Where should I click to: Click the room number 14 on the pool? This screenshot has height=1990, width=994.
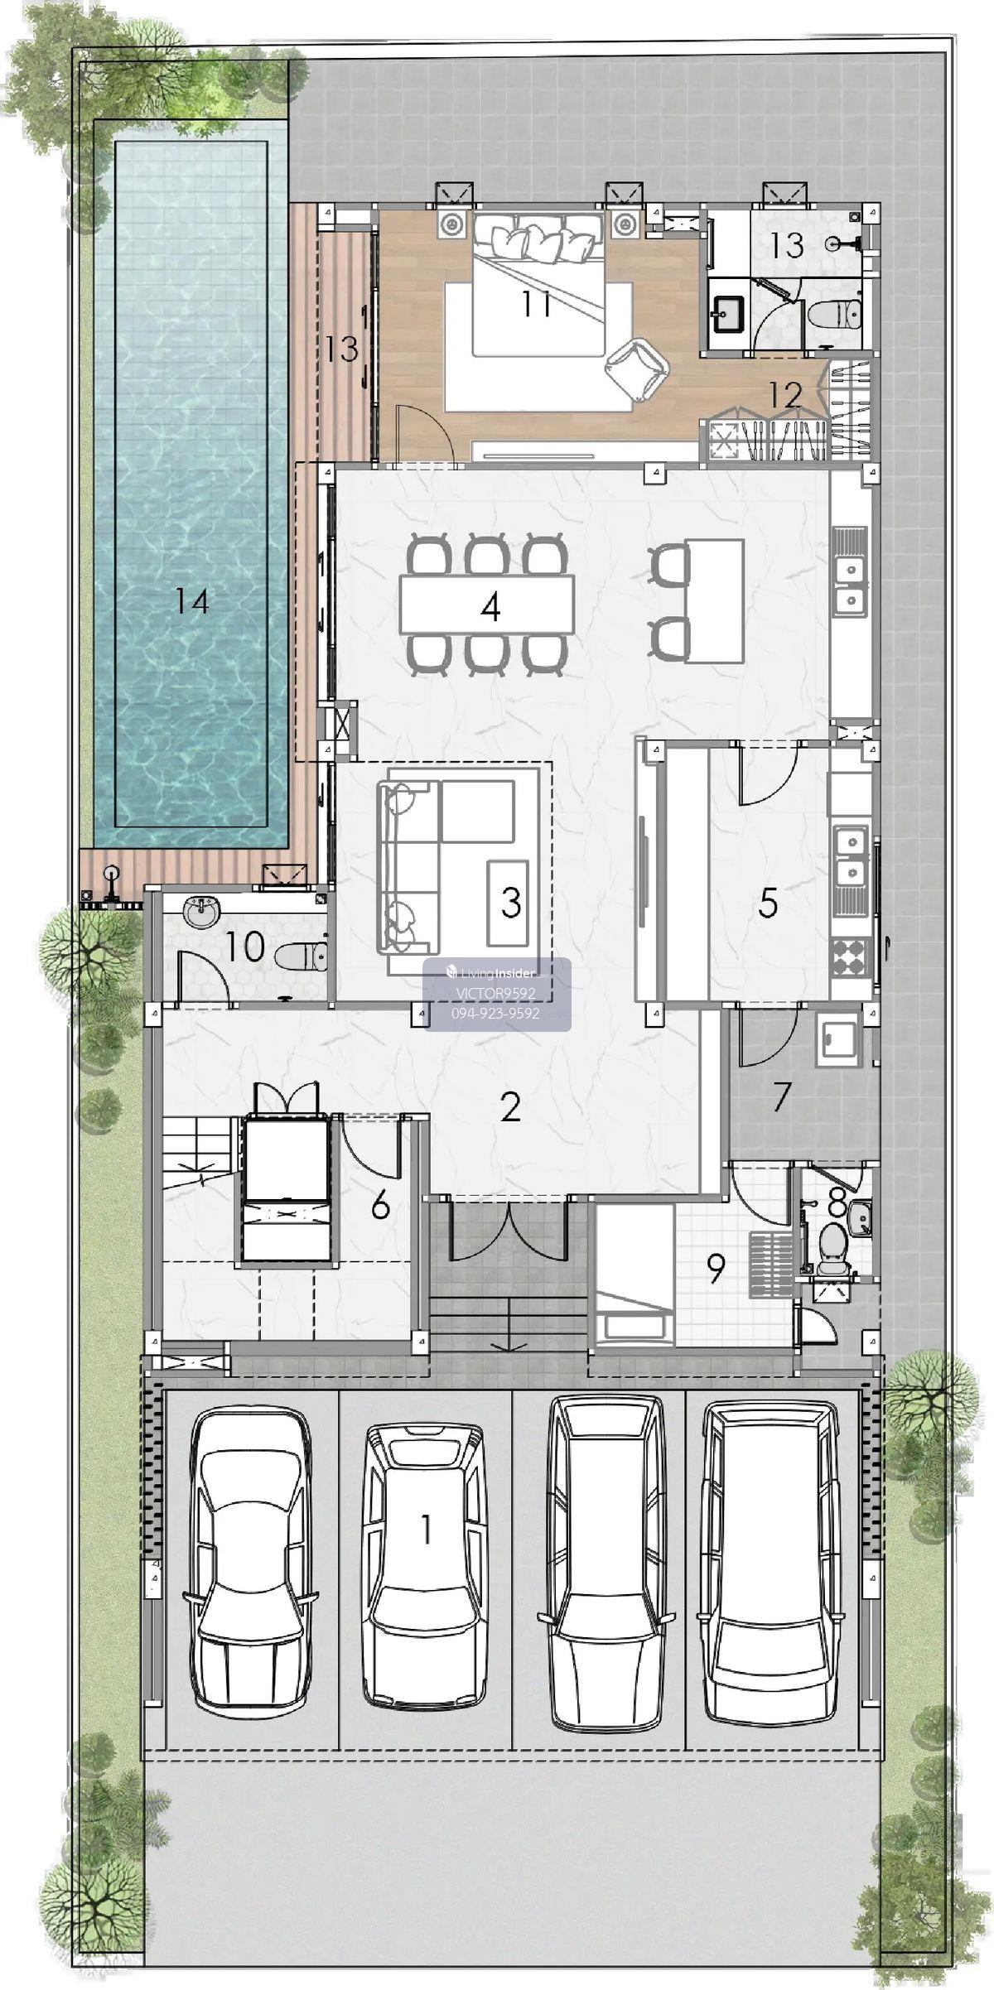[x=191, y=602]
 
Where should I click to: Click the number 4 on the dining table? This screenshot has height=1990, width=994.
[x=490, y=609]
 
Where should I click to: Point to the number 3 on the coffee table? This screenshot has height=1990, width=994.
[x=511, y=903]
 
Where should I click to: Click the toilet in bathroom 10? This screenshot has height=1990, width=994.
[x=301, y=956]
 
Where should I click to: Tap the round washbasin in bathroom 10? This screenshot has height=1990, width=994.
[x=200, y=912]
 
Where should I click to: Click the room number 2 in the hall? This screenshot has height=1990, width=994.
[x=510, y=1106]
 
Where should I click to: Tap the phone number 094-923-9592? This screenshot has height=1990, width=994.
[x=497, y=1012]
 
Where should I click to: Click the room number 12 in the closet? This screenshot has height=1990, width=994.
[x=785, y=395]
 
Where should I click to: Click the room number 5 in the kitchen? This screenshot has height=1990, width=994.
[x=768, y=903]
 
